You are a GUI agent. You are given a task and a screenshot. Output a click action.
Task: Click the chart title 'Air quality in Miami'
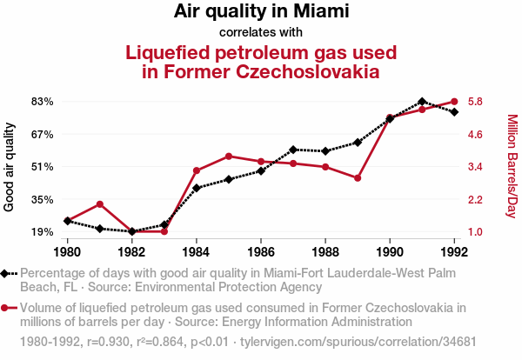(x=261, y=12)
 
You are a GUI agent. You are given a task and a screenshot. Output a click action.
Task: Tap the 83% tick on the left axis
(x=43, y=102)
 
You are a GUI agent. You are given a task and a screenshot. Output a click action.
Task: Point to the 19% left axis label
(x=43, y=232)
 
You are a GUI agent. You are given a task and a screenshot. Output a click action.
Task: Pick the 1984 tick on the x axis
(x=197, y=252)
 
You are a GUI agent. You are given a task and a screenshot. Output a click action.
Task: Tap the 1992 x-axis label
(x=454, y=252)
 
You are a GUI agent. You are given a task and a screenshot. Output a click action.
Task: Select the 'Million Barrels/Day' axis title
(x=512, y=166)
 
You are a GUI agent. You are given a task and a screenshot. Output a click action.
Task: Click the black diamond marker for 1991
(x=422, y=102)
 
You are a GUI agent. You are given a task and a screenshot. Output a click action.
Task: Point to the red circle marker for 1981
(x=100, y=204)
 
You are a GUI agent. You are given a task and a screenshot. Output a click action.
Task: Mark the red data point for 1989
(x=358, y=178)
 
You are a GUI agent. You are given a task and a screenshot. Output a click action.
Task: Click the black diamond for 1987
(x=293, y=150)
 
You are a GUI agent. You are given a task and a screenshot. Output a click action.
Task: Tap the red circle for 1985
(x=229, y=157)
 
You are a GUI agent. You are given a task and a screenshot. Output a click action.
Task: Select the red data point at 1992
(x=454, y=102)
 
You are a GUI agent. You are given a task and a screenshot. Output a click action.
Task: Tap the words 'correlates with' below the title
(x=261, y=32)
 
